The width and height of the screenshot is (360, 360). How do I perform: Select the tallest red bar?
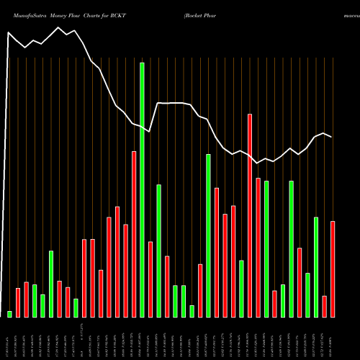pos(250,215)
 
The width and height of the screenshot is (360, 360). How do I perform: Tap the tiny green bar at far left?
pos(9,314)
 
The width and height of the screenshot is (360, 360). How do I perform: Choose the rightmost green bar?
pos(316,266)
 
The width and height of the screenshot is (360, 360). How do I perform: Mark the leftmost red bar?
pos(18,302)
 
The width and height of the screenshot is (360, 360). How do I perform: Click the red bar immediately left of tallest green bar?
pos(134,234)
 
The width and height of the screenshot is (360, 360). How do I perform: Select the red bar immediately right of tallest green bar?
pos(150,279)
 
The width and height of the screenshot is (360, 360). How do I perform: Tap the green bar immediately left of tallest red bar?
pos(242,288)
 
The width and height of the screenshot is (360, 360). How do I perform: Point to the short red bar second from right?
pos(325,306)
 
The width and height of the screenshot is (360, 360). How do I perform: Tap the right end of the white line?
pos(332,137)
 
